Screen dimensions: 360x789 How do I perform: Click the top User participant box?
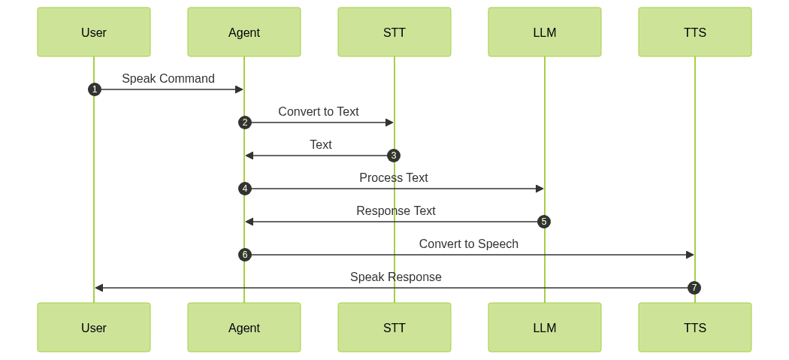94,32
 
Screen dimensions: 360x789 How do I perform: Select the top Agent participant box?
244,32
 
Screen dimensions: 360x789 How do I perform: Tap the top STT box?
394,32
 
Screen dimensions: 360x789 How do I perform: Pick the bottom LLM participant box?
545,328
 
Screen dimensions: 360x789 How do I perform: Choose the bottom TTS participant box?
695,328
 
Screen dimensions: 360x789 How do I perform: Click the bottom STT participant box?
394,328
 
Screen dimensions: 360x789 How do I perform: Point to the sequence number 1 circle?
94,89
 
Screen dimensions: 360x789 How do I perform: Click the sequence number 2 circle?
244,123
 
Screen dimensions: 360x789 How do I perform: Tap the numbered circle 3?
394,156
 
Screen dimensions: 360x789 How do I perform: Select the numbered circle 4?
244,189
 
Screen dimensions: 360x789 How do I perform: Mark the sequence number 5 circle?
544,222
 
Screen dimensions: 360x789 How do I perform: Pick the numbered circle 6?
244,255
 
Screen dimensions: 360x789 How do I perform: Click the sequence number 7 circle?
694,288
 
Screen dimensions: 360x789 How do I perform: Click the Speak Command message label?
168,78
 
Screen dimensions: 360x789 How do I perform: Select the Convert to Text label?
319,111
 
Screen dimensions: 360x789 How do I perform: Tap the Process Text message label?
394,177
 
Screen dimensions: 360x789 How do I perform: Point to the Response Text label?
396,210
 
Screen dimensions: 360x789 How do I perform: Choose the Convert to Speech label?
469,244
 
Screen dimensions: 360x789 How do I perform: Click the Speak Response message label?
396,277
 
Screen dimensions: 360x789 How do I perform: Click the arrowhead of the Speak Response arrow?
98,288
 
